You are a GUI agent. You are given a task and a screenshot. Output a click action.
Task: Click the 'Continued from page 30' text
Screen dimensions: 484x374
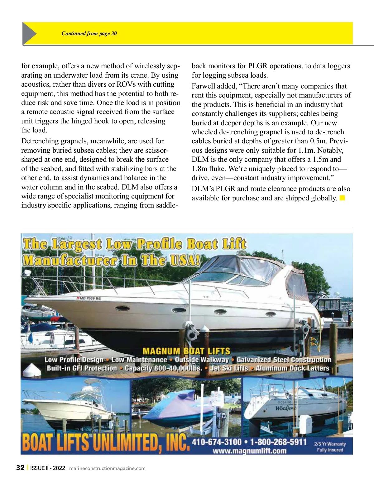[89, 34]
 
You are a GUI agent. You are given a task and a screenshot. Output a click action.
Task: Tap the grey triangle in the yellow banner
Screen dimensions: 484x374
[28, 33]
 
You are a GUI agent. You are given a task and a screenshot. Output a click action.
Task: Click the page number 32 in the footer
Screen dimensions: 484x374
[20, 468]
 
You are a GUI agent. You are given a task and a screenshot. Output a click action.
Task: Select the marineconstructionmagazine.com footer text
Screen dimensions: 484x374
[107, 468]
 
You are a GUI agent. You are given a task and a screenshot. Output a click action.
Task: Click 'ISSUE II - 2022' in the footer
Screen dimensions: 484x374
[48, 468]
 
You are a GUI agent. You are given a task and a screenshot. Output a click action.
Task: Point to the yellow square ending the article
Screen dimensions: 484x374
[342, 198]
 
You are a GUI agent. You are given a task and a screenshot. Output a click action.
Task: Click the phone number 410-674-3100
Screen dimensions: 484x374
[217, 442]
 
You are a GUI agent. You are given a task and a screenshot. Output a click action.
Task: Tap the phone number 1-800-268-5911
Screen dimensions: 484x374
[278, 442]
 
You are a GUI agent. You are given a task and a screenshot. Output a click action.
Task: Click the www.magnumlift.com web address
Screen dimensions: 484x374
[249, 451]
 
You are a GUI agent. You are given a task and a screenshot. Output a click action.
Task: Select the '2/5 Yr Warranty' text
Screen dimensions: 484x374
[330, 444]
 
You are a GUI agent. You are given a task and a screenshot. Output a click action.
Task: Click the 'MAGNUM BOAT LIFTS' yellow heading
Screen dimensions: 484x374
[186, 351]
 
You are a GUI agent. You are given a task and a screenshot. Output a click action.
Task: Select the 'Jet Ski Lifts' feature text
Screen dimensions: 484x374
[229, 368]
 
